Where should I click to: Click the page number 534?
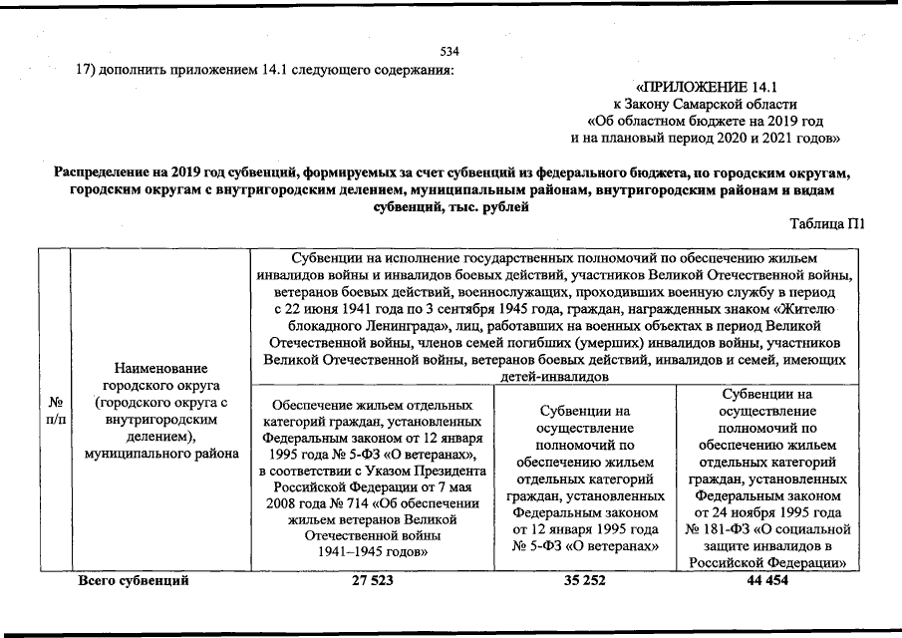pyautogui.click(x=450, y=51)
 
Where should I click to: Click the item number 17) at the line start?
pyautogui.click(x=88, y=70)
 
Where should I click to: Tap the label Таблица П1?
pyautogui.click(x=826, y=225)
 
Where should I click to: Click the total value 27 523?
pyautogui.click(x=374, y=580)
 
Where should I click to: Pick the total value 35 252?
pyautogui.click(x=585, y=580)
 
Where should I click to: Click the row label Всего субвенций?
pyautogui.click(x=135, y=580)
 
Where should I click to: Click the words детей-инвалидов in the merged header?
pyautogui.click(x=559, y=377)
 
